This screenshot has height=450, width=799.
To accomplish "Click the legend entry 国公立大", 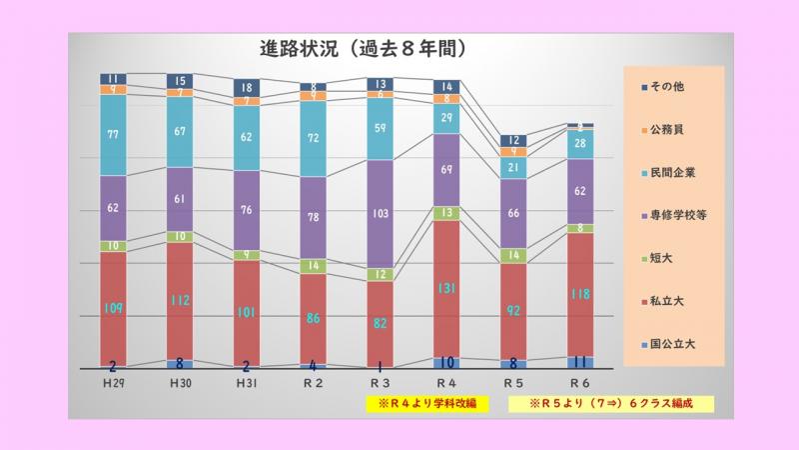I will [668, 342].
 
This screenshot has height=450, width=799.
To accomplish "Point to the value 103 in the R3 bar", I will [379, 214].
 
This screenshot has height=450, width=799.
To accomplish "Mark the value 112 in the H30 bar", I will [180, 301].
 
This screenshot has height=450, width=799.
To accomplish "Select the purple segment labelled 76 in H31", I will [246, 210].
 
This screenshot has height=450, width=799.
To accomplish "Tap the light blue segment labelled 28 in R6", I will [579, 144].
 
